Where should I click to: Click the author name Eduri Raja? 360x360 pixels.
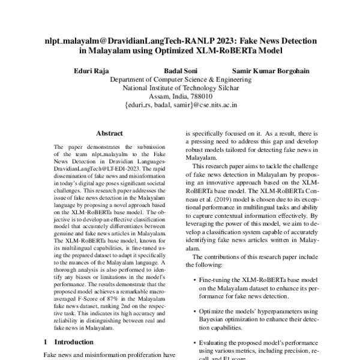tap(91, 70)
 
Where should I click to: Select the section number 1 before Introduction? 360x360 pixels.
tap(46, 342)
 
